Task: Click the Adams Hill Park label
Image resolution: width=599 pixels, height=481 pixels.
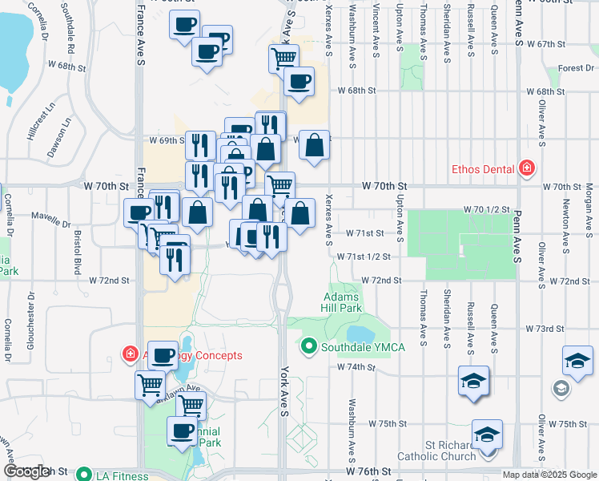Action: [x=344, y=301]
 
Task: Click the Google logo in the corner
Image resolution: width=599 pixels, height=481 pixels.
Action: [x=26, y=471]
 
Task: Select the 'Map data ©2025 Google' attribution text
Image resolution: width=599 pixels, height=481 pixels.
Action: [x=549, y=475]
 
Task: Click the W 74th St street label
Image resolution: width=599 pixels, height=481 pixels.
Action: [x=356, y=366]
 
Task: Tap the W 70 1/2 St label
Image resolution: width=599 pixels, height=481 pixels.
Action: [x=487, y=209]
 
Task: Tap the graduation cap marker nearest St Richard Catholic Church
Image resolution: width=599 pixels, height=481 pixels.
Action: [x=487, y=435]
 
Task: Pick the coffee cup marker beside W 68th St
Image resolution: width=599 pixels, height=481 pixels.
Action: [x=299, y=82]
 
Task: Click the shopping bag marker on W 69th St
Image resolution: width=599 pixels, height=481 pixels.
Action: [x=315, y=147]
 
